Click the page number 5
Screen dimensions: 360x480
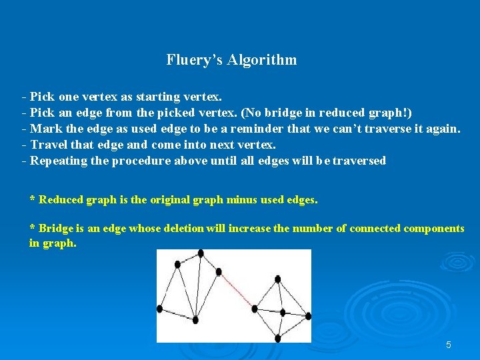(x=448, y=345)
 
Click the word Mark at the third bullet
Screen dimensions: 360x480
(x=45, y=129)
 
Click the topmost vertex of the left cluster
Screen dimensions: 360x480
(x=201, y=253)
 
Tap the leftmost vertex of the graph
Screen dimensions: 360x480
(x=159, y=308)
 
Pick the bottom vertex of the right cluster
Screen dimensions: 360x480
(x=278, y=338)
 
